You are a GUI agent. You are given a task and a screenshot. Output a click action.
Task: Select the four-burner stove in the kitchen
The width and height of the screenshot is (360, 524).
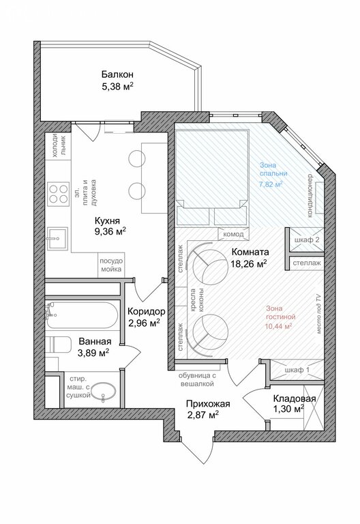pyautogui.click(x=58, y=194)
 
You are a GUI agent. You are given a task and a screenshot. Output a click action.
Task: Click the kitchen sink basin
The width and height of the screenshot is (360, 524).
pyautogui.click(x=57, y=239)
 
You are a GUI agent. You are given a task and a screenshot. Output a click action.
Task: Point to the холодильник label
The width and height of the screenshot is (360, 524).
pyautogui.click(x=59, y=146)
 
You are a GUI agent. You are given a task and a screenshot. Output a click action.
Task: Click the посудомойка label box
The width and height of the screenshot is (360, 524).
pyautogui.click(x=112, y=265)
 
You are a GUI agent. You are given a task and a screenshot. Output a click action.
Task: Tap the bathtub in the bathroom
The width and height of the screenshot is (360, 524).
pyautogui.click(x=82, y=315)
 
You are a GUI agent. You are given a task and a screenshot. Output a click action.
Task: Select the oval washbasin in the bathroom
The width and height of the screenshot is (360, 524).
pyautogui.click(x=103, y=392)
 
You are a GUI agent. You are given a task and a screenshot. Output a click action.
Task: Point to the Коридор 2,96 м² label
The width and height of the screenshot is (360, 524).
pyautogui.click(x=147, y=317)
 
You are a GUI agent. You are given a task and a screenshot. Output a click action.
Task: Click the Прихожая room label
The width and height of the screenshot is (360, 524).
pyautogui.click(x=208, y=404)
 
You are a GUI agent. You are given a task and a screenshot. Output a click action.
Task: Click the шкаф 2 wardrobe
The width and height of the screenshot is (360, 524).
pyautogui.click(x=306, y=239)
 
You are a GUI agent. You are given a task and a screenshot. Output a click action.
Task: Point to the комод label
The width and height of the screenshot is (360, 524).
pyautogui.click(x=233, y=234)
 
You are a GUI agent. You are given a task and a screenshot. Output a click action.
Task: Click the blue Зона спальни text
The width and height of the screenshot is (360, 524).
pyautogui.click(x=273, y=169)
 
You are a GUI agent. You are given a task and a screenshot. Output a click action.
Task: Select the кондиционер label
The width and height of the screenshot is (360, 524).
pyautogui.click(x=310, y=196)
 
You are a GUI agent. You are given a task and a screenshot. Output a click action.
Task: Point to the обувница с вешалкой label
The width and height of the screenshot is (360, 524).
pyautogui.click(x=197, y=379)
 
